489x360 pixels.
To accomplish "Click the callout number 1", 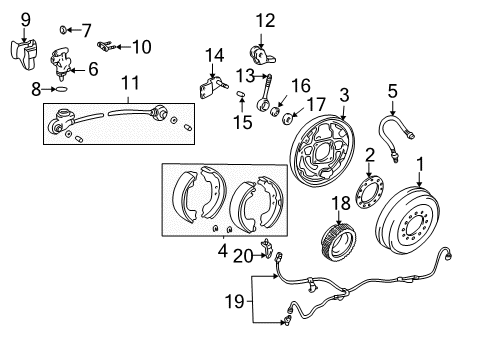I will point(419,163).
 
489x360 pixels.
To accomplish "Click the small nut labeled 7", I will point(62,29).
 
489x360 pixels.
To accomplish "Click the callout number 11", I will point(128,83).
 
